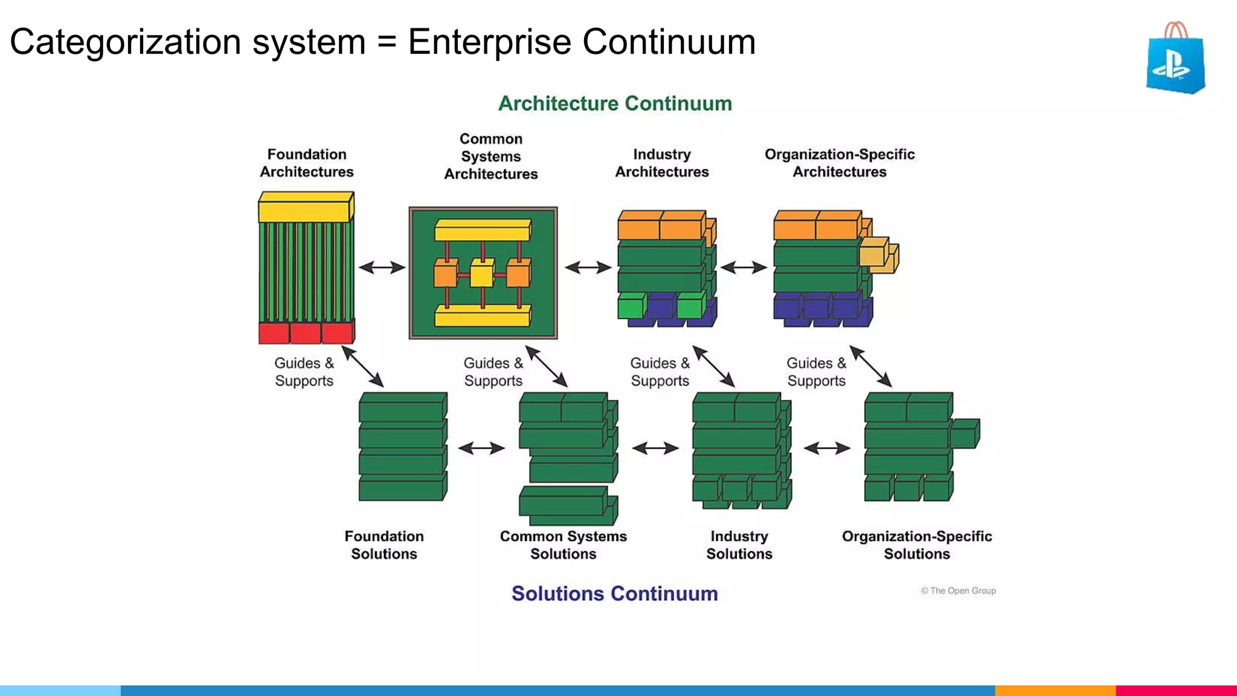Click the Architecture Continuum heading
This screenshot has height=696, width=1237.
click(x=615, y=103)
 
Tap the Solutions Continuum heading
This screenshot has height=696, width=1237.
click(x=614, y=593)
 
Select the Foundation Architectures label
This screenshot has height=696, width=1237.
click(x=307, y=163)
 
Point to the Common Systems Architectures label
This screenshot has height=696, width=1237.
click(x=490, y=156)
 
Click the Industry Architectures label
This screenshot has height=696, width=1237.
click(x=661, y=163)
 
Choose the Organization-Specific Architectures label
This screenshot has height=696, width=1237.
click(x=840, y=163)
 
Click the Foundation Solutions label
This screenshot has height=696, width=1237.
click(x=384, y=545)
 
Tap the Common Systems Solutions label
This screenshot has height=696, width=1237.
click(x=563, y=545)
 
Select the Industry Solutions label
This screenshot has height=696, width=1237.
click(x=739, y=545)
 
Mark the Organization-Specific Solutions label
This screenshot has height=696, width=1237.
click(x=917, y=545)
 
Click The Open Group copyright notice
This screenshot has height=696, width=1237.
click(x=959, y=591)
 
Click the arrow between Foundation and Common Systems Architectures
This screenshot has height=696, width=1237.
click(x=382, y=267)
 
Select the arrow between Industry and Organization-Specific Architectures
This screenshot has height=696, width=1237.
click(x=744, y=267)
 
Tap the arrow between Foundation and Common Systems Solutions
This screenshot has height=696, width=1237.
click(x=481, y=448)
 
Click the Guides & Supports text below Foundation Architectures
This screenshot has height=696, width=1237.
click(x=304, y=372)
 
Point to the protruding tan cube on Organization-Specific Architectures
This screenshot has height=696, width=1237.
click(x=876, y=254)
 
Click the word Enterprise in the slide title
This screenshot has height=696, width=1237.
click(x=489, y=42)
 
